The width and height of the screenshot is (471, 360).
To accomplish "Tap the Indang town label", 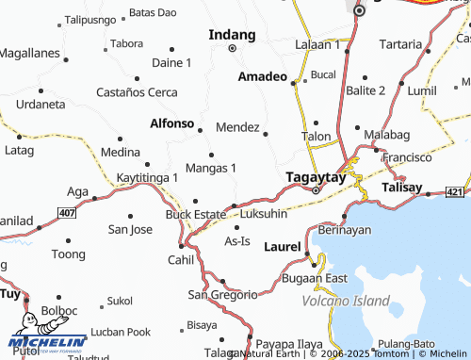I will [x=231, y=34].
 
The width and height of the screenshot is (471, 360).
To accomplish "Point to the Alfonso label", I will [x=171, y=123].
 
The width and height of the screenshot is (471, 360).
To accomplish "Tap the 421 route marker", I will [x=455, y=192].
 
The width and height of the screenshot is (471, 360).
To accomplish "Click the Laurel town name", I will [x=282, y=247].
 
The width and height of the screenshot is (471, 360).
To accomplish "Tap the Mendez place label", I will [x=236, y=126].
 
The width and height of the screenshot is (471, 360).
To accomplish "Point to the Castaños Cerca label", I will [x=137, y=92].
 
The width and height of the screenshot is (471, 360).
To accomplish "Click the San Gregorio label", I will [x=222, y=295].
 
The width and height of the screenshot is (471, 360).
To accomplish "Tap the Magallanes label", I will [x=28, y=56].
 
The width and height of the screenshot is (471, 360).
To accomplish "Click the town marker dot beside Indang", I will [x=231, y=47].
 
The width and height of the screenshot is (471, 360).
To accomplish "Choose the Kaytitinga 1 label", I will [x=147, y=177].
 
